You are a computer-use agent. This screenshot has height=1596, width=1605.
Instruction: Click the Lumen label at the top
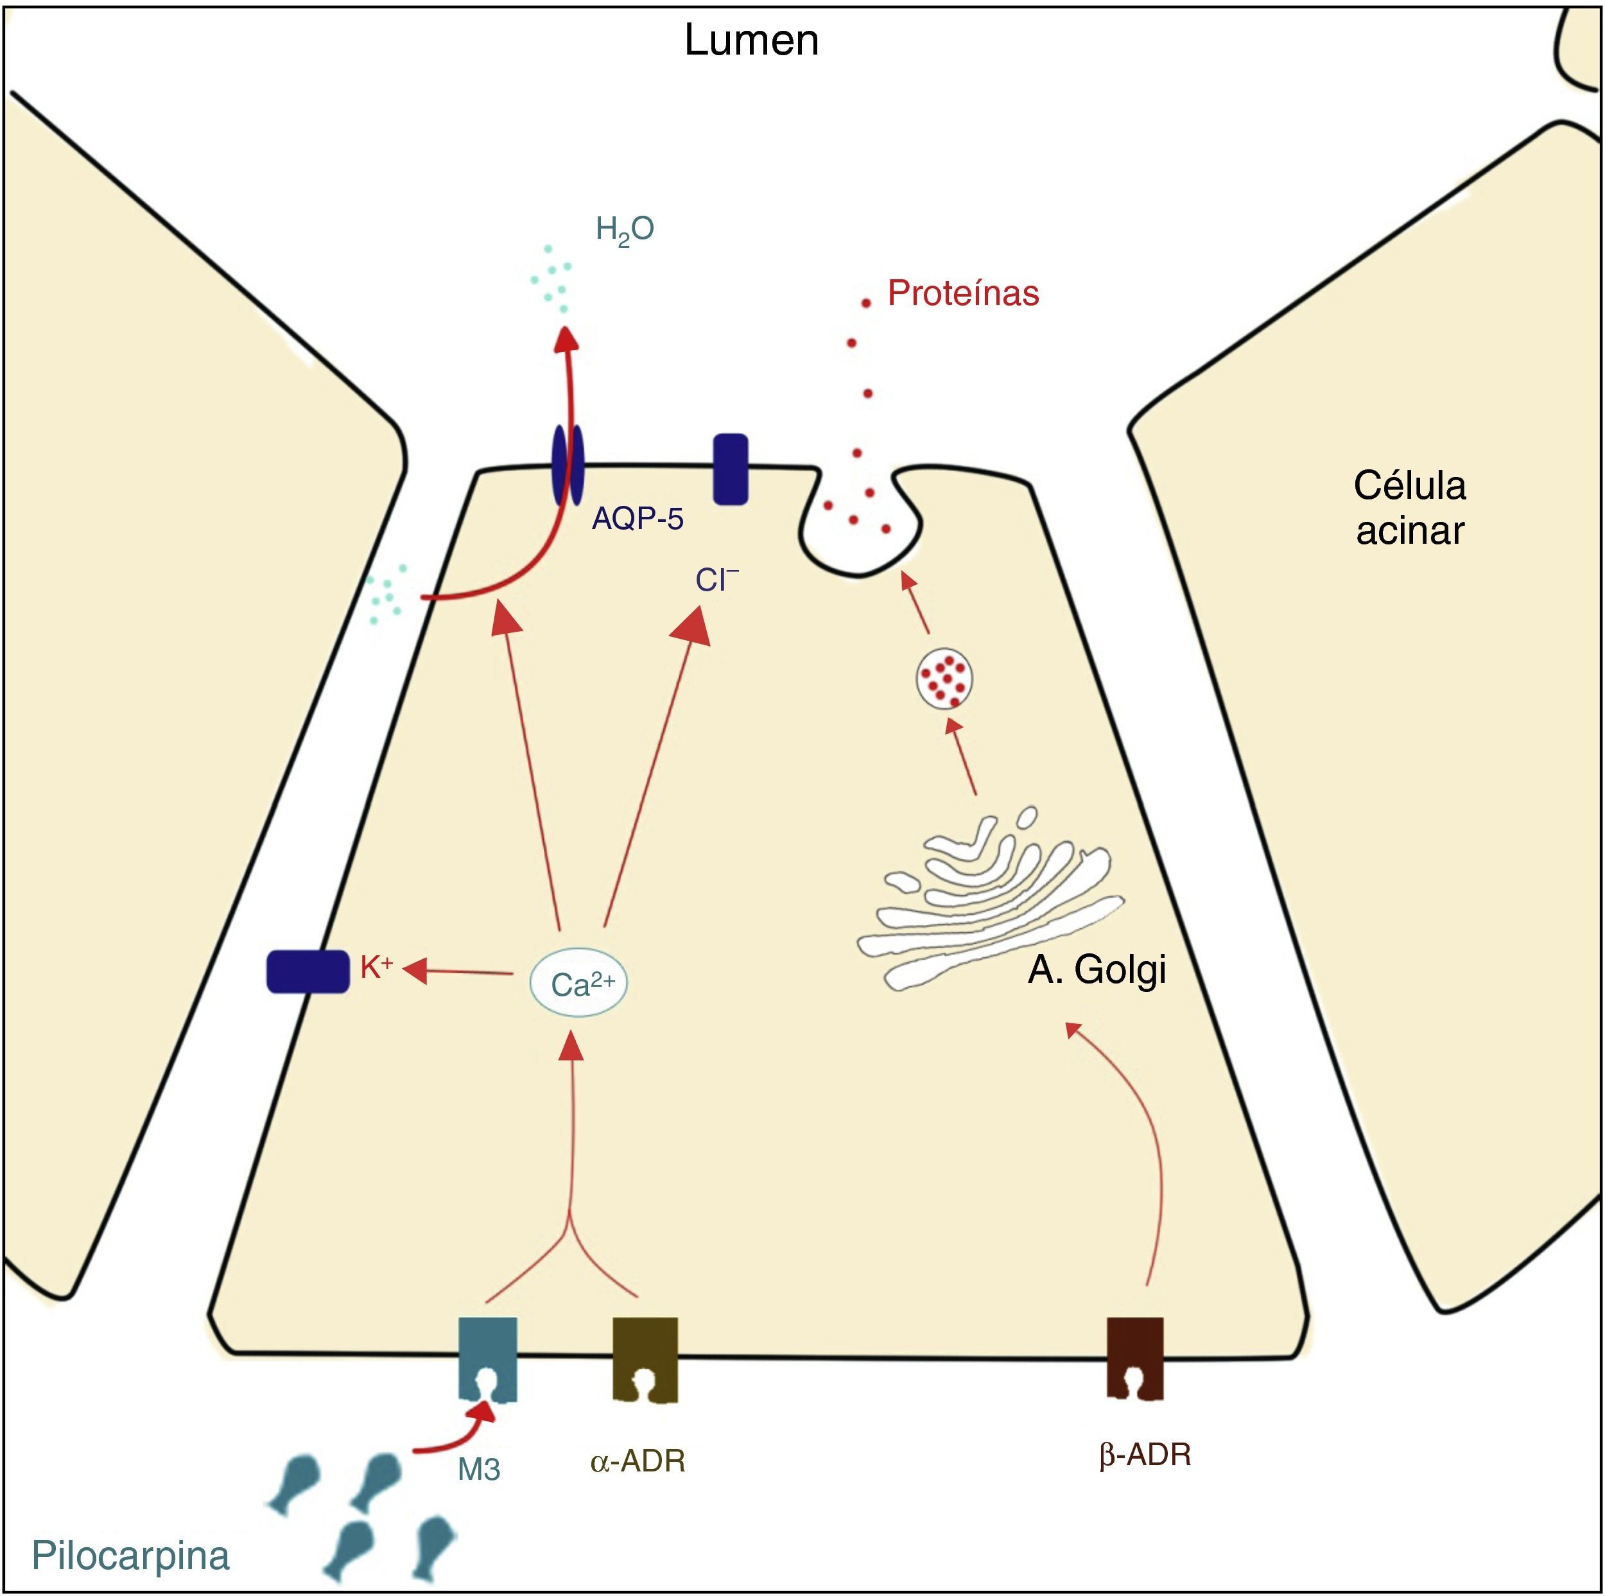click(751, 40)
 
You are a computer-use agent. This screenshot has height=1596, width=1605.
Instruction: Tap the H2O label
click(625, 230)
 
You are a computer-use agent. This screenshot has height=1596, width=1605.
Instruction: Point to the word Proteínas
click(963, 293)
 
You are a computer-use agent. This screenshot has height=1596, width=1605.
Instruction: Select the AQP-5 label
click(637, 519)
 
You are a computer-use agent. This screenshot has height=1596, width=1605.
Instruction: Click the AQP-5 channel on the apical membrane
click(568, 465)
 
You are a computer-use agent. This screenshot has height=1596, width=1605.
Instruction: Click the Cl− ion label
click(716, 580)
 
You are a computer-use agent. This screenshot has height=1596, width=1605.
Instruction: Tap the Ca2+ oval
click(579, 984)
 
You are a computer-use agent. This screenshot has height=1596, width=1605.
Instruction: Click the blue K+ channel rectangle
click(308, 971)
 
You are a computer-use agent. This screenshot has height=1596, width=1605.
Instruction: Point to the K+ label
click(376, 967)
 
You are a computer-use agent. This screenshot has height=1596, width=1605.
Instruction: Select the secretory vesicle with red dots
click(944, 677)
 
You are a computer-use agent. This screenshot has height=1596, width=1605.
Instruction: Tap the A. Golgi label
click(1097, 969)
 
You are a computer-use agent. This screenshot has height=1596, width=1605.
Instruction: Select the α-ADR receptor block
click(645, 1359)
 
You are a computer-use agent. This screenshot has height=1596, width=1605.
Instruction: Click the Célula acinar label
click(1410, 508)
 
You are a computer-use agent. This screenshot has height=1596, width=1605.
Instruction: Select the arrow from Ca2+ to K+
click(461, 971)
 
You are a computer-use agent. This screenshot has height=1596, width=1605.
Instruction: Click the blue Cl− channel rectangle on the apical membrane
click(731, 469)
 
